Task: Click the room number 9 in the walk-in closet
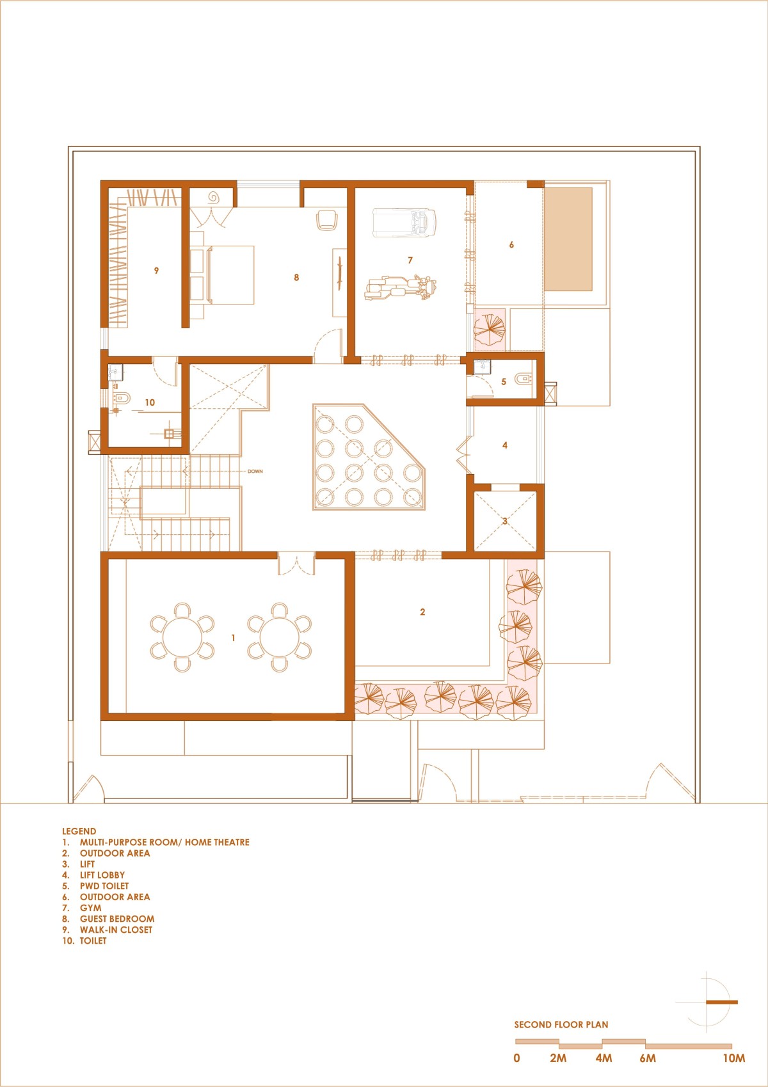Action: [156, 271]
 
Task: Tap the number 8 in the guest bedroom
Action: [296, 278]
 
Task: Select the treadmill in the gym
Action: [404, 223]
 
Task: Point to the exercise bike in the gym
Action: [401, 288]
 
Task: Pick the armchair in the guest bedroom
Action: [326, 220]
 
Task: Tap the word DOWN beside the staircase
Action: [255, 471]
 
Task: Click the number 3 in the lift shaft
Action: [505, 521]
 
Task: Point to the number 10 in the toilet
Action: [150, 403]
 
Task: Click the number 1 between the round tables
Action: [233, 638]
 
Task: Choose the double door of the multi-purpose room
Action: [296, 564]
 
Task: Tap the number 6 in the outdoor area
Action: [511, 245]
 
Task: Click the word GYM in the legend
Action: [91, 908]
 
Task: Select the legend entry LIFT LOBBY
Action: [102, 875]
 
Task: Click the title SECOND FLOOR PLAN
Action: [561, 1025]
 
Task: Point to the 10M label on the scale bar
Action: [734, 1058]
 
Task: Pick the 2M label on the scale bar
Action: [558, 1058]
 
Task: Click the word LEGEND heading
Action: [79, 831]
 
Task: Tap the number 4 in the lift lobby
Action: [505, 445]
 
